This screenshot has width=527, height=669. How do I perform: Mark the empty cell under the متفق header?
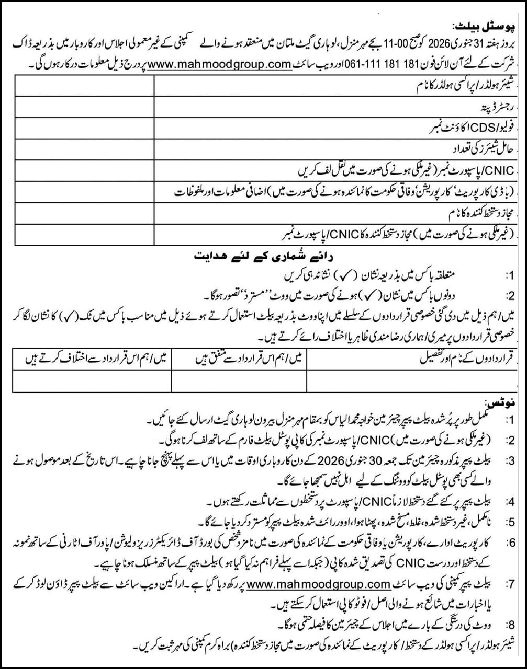[239, 380]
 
